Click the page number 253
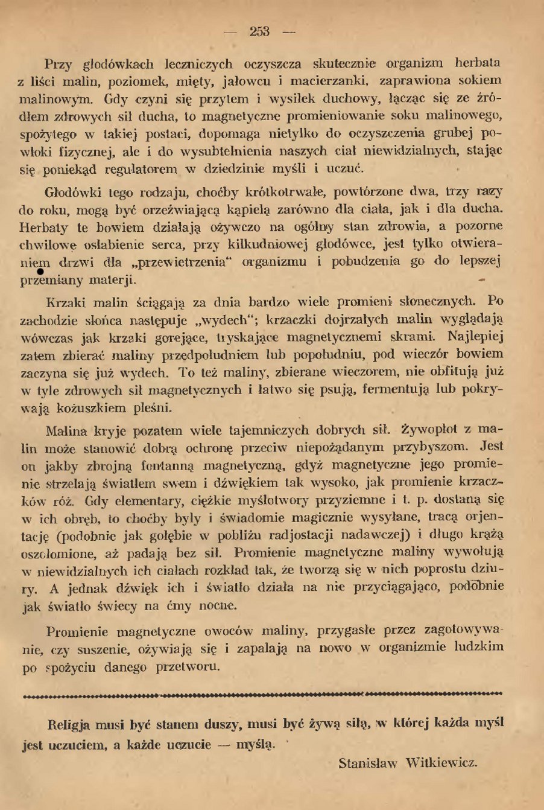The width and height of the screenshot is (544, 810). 260,31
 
